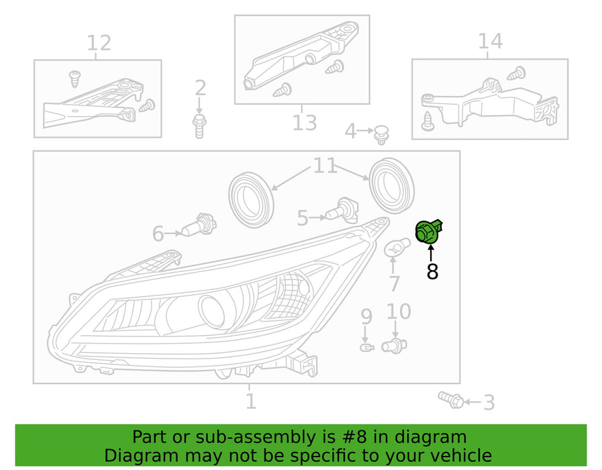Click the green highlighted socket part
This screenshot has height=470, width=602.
[428, 232]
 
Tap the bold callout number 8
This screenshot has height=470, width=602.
[432, 271]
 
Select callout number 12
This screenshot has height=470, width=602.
[99, 43]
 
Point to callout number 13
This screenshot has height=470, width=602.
[303, 123]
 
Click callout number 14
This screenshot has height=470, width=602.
[490, 41]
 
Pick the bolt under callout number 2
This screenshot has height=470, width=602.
[199, 126]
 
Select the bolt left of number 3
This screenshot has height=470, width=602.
[450, 399]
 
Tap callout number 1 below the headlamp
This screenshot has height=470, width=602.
[250, 402]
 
